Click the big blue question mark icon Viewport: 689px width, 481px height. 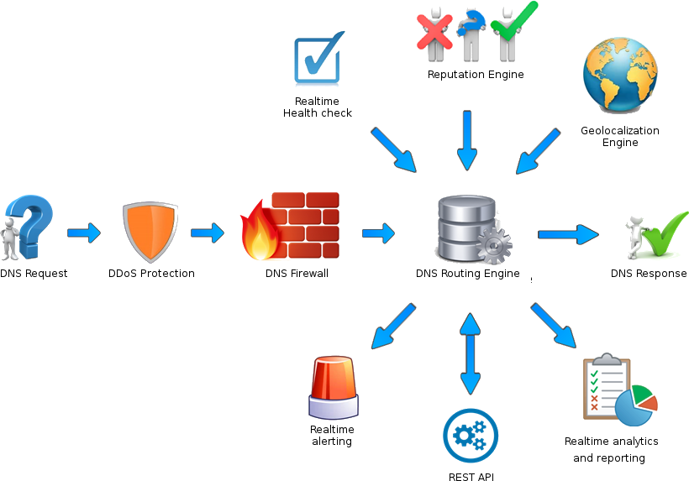point(34,225)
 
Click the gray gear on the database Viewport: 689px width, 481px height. point(494,244)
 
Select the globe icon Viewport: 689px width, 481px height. point(621,75)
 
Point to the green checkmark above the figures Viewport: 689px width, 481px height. point(513,22)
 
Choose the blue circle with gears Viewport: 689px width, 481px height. point(471,436)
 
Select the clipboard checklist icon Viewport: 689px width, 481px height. point(606,386)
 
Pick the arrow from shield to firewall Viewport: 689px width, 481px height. point(208,233)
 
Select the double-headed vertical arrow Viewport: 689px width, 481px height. point(471,353)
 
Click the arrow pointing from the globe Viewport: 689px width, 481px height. point(536,151)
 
